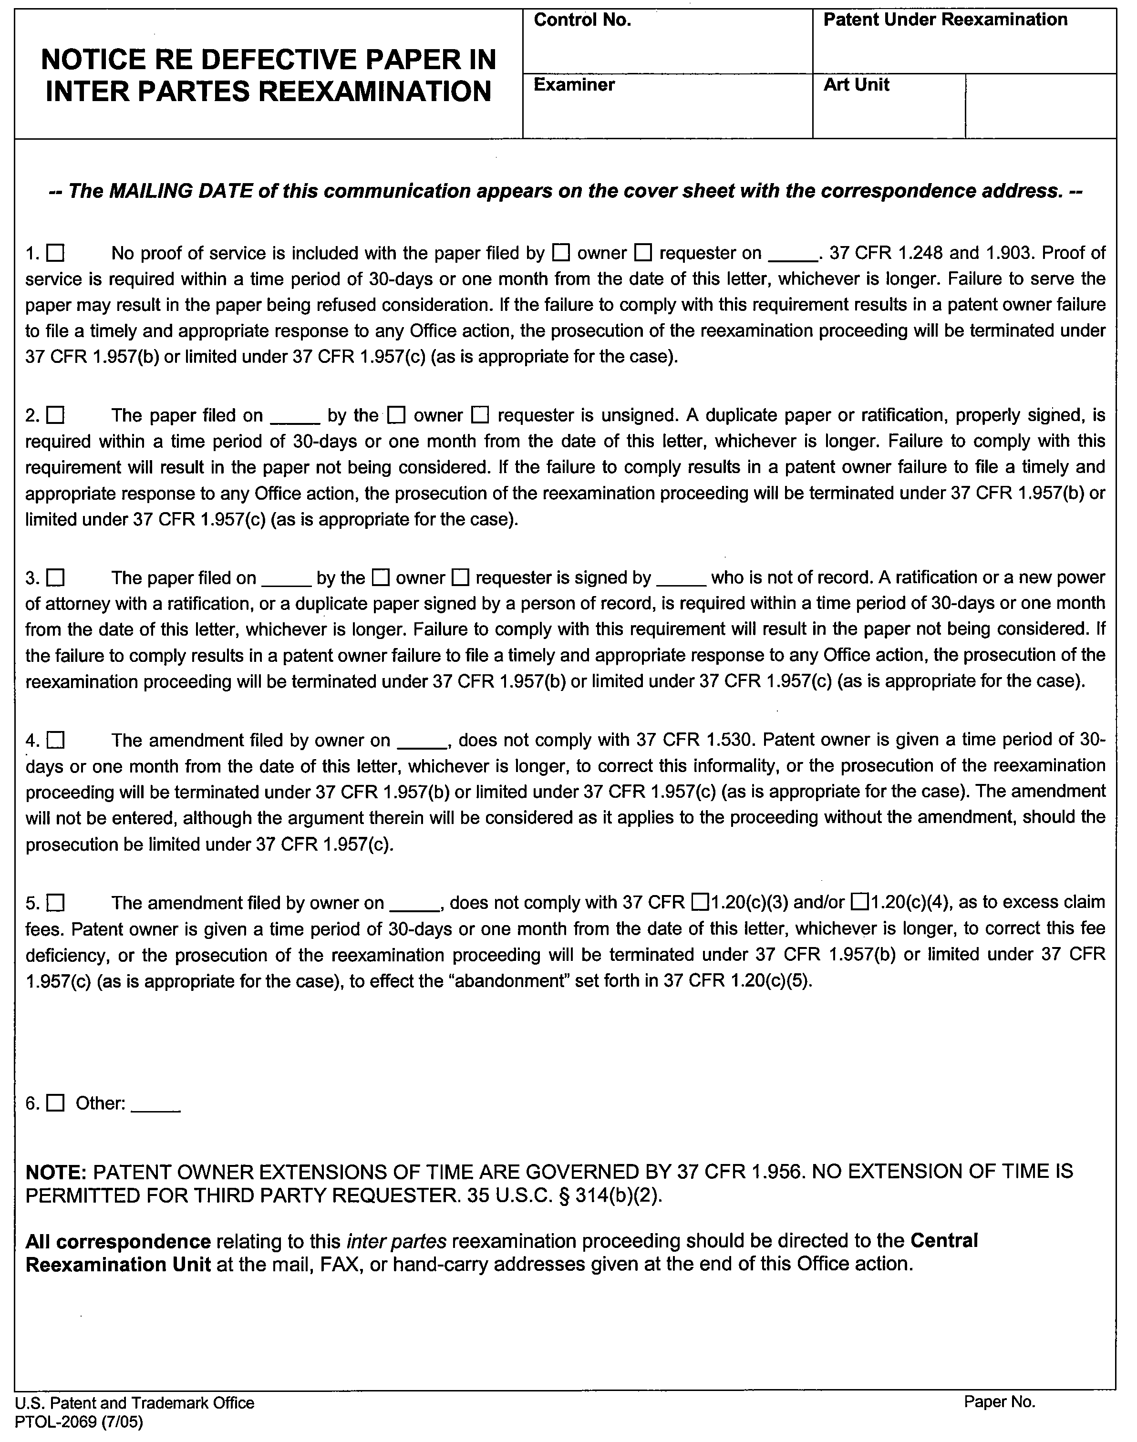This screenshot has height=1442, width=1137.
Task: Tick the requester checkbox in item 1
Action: tap(642, 253)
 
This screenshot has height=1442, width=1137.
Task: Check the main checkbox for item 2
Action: tap(55, 415)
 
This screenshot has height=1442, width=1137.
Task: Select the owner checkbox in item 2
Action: tap(397, 415)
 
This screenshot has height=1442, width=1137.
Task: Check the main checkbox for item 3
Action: tap(55, 577)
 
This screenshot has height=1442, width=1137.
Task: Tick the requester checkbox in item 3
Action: tap(461, 577)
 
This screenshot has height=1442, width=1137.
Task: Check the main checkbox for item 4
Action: tap(55, 740)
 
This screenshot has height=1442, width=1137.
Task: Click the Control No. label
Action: tap(582, 21)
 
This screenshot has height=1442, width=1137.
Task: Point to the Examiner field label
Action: tap(574, 84)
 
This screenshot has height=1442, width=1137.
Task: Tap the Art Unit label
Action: tap(856, 84)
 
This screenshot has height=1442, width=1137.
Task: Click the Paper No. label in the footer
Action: tap(999, 1402)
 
